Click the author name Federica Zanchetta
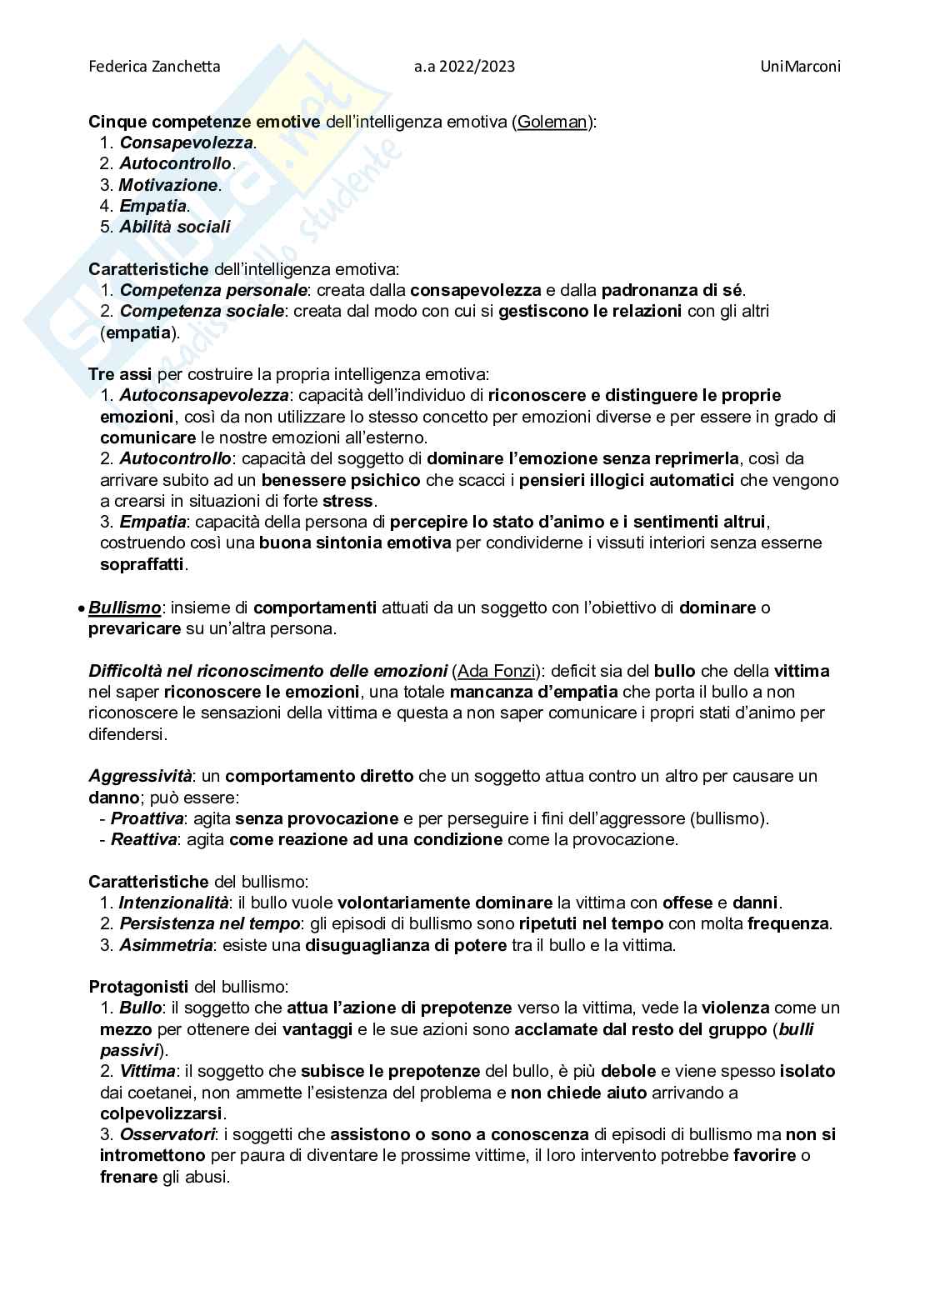tap(154, 67)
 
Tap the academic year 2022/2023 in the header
tap(464, 67)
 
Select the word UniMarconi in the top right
tap(800, 67)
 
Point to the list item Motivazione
tap(168, 185)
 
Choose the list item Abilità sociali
tap(174, 227)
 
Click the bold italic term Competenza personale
tap(212, 290)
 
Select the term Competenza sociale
tap(202, 311)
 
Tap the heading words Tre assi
tap(120, 374)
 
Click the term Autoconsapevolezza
tap(204, 395)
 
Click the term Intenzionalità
tap(173, 903)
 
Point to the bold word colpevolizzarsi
tap(161, 1113)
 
